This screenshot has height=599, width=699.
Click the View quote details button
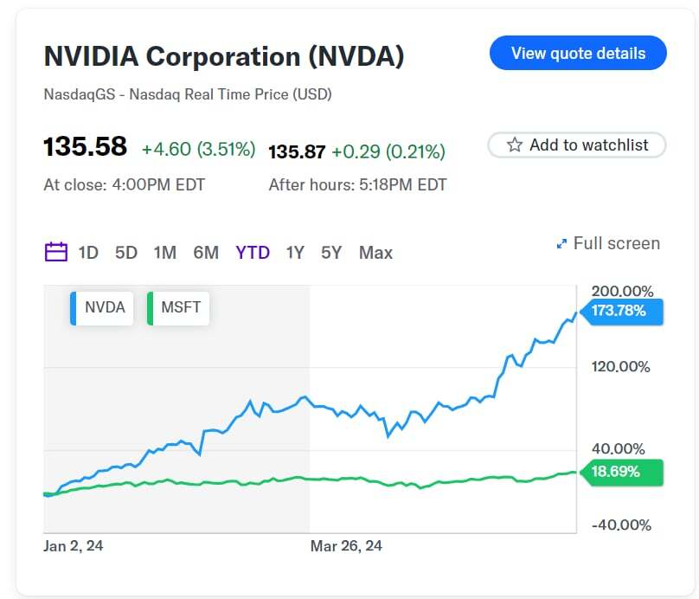point(578,53)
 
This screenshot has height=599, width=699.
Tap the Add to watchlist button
point(577,145)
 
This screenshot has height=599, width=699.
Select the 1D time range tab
point(88,253)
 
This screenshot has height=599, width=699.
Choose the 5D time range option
point(126,253)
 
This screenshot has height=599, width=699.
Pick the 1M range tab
point(164,253)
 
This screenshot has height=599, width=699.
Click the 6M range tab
point(206,253)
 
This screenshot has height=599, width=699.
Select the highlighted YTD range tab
point(253,253)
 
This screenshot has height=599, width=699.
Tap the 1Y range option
point(295,253)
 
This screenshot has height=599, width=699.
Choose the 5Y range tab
point(331,253)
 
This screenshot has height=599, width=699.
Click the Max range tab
point(375,253)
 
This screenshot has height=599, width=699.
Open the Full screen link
point(608,243)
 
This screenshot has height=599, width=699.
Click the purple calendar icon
point(56,253)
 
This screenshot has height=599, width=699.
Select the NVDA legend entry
point(103,307)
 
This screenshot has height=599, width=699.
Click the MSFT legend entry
point(179,307)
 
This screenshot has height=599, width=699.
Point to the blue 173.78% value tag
point(620,311)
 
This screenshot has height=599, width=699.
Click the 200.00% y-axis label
point(621,291)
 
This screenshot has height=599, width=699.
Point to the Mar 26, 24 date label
point(346,545)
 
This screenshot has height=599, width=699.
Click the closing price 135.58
point(85,147)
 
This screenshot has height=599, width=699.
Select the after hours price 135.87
point(297,152)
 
